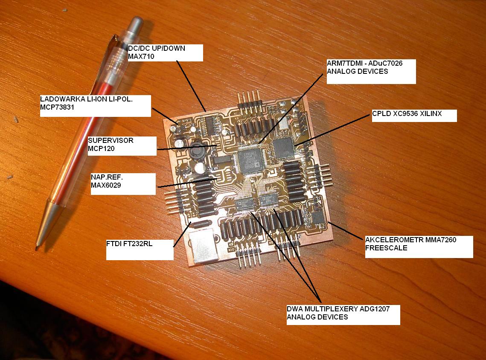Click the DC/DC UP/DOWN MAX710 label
(166, 52)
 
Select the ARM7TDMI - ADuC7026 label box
(371, 71)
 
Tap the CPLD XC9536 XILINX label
(414, 116)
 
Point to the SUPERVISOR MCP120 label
(122, 145)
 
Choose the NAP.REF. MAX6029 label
(123, 184)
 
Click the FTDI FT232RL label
(140, 250)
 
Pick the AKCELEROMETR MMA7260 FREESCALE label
(419, 247)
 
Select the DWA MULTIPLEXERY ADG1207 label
(343, 315)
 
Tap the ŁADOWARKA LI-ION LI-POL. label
(96, 106)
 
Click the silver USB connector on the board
(204, 246)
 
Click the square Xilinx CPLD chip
(283, 148)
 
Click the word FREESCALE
(386, 248)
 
